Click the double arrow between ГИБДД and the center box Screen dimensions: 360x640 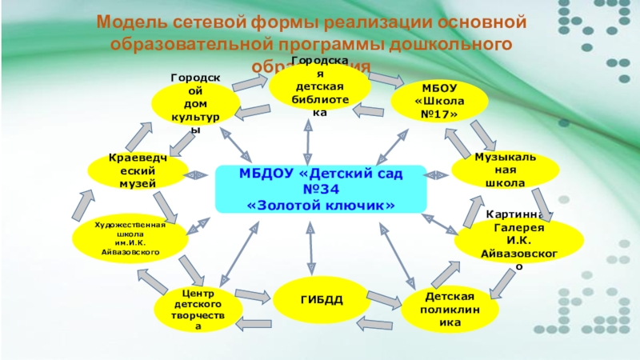[x=307, y=249]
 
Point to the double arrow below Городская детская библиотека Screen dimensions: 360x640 [x=307, y=144]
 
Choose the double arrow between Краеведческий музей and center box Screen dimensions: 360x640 [x=195, y=174]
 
